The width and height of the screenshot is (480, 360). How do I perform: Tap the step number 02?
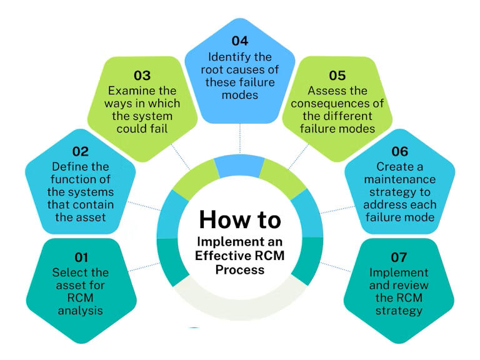80,151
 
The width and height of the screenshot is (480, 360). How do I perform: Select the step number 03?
142,76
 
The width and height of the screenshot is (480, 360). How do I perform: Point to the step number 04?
240,41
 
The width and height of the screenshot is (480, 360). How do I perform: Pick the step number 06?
399,152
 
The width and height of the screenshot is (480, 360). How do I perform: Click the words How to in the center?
240,220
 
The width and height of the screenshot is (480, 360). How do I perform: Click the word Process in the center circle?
240,269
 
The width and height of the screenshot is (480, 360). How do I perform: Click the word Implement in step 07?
399,273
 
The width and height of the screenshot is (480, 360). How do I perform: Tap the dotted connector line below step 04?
240,137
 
